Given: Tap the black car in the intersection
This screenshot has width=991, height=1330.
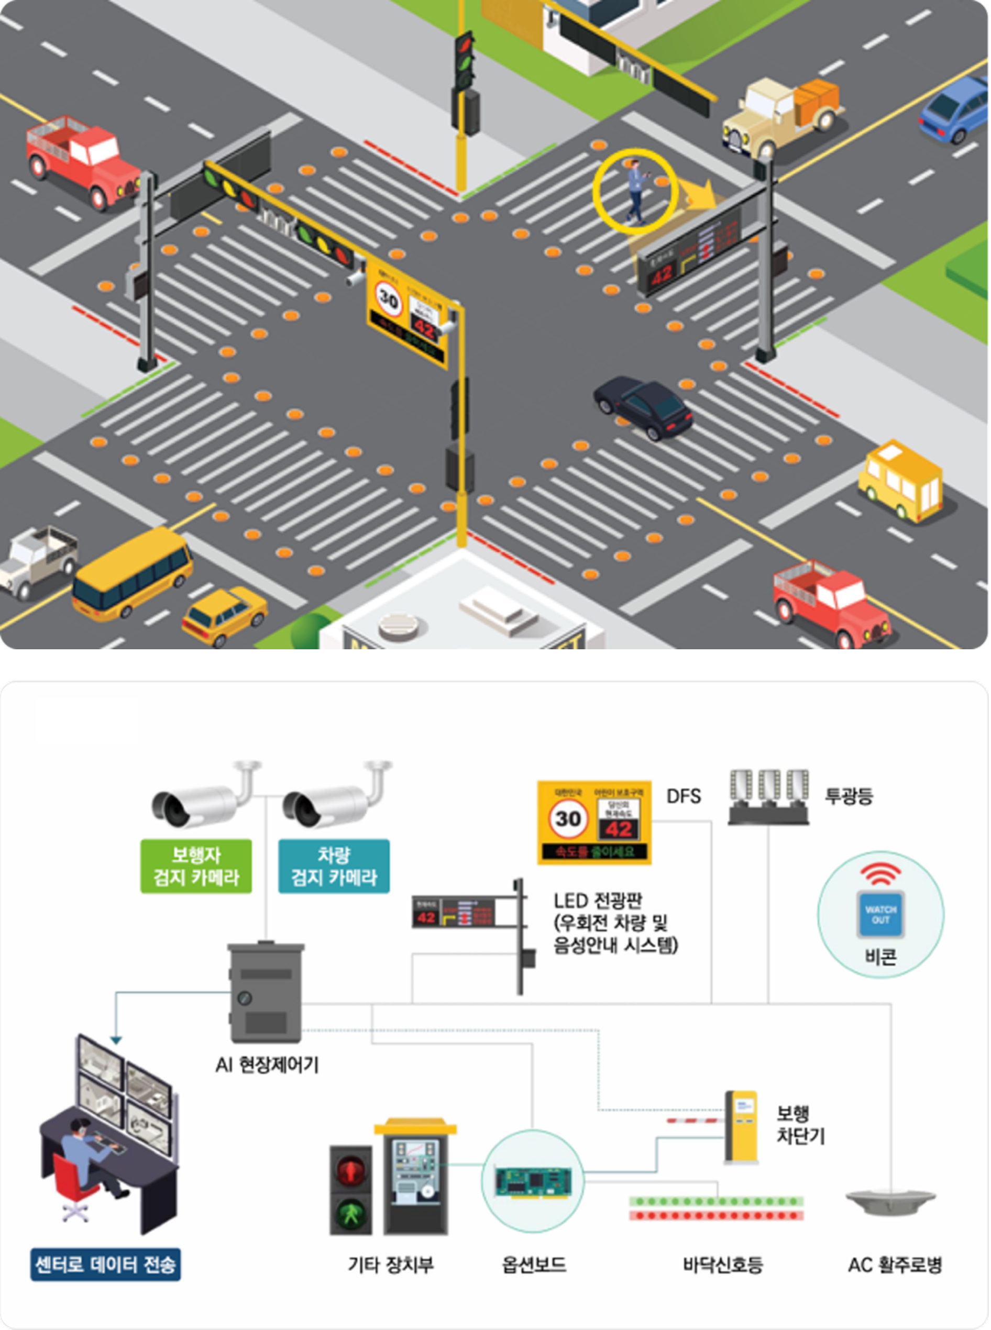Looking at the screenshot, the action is (643, 408).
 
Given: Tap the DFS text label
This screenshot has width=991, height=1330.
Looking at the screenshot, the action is (683, 796).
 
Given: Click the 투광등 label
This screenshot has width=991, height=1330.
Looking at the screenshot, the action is (848, 796).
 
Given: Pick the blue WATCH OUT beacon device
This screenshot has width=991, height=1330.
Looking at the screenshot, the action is (880, 914).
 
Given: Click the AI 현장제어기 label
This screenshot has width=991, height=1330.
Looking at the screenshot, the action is (267, 1065).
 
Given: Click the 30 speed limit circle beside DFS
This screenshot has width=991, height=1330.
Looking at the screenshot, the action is (567, 819).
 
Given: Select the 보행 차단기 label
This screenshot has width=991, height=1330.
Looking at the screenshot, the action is (800, 1125).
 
